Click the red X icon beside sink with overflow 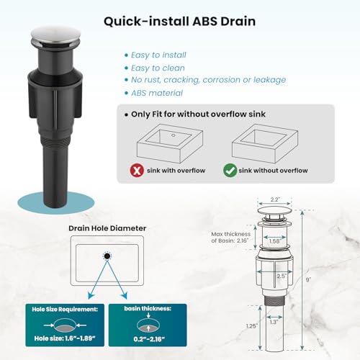tap(137, 171)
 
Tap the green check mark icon tap(230, 171)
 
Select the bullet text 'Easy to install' tap(158, 55)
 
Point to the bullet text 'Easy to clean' tap(158, 68)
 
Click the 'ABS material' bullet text tap(157, 93)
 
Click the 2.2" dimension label tap(275, 199)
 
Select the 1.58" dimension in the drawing tap(275, 241)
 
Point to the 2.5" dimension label tap(282, 276)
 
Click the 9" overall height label tap(308, 279)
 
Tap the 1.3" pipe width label tap(274, 322)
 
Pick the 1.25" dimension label tap(252, 326)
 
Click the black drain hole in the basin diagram tap(107, 256)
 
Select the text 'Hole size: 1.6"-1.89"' tap(65, 338)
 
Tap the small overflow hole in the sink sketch tap(174, 135)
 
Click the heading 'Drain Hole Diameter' tap(107, 228)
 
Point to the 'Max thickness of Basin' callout tap(230, 238)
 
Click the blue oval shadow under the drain tap(55, 203)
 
